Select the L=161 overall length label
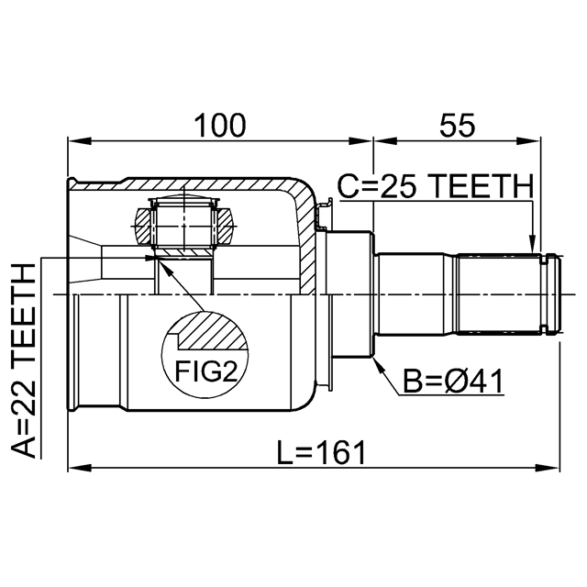[x=321, y=452]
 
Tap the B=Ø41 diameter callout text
[x=453, y=382]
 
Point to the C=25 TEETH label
[x=436, y=186]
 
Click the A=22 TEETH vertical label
[x=24, y=360]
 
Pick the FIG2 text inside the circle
[x=205, y=371]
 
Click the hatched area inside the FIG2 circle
[x=214, y=331]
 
